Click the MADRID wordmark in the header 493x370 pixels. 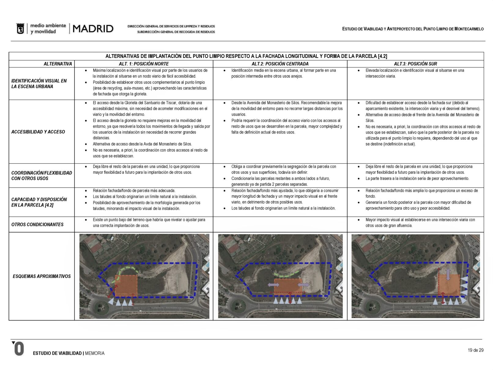pyautogui.click(x=93, y=29)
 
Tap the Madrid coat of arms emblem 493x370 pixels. pyautogui.click(x=20, y=29)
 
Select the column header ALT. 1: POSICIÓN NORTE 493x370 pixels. pyautogui.click(x=144, y=64)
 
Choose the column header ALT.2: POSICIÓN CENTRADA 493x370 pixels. pyautogui.click(x=280, y=64)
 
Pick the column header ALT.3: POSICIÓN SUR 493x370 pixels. pyautogui.click(x=415, y=64)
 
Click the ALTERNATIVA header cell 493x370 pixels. pyautogui.click(x=57, y=64)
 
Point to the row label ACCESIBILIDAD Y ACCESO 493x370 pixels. pyautogui.click(x=38, y=132)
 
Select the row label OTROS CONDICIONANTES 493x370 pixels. pyautogui.click(x=37, y=225)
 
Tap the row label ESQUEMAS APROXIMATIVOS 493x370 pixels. pyautogui.click(x=42, y=276)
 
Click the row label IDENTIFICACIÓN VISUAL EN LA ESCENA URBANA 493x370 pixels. pyautogui.click(x=39, y=84)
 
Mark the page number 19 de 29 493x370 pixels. pyautogui.click(x=476, y=350)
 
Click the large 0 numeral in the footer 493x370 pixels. pyautogui.click(x=19, y=349)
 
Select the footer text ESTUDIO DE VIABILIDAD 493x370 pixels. pyautogui.click(x=57, y=353)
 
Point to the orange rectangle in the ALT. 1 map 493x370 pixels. pyautogui.click(x=126, y=285)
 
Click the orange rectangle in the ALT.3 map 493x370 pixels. pyautogui.click(x=449, y=285)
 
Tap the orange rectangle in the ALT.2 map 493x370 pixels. pyautogui.click(x=288, y=286)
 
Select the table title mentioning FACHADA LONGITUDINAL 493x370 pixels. pyautogui.click(x=246, y=56)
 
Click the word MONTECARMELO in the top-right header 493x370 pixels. pyautogui.click(x=469, y=29)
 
